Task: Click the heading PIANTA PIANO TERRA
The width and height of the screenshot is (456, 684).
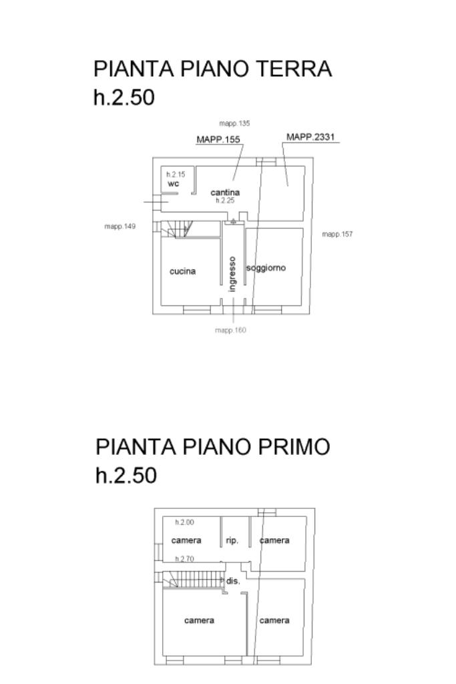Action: pyautogui.click(x=212, y=69)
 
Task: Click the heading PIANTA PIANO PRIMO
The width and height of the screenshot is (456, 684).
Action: pyautogui.click(x=212, y=447)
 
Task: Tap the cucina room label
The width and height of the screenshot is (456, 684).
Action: pyautogui.click(x=182, y=271)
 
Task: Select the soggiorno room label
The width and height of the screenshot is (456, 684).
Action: pyautogui.click(x=266, y=268)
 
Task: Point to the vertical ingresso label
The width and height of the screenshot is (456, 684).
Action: pyautogui.click(x=232, y=274)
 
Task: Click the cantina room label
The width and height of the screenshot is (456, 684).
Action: pyautogui.click(x=225, y=192)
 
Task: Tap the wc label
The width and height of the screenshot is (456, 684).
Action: pyautogui.click(x=174, y=184)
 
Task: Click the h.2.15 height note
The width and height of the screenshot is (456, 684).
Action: pyautogui.click(x=176, y=174)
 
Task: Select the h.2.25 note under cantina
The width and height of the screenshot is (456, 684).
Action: pyautogui.click(x=225, y=200)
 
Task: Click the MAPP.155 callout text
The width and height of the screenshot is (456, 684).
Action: pyautogui.click(x=218, y=140)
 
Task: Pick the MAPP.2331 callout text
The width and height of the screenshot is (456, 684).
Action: pyautogui.click(x=310, y=137)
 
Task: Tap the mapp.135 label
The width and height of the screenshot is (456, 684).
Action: pyautogui.click(x=234, y=124)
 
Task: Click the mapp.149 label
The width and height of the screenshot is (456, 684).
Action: pyautogui.click(x=120, y=226)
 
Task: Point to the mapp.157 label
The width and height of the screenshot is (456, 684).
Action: pyautogui.click(x=337, y=234)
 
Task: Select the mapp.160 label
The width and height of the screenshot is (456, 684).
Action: pyautogui.click(x=230, y=330)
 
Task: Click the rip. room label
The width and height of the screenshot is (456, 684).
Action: pyautogui.click(x=232, y=540)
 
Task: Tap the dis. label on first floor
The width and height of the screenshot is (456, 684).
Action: pyautogui.click(x=232, y=581)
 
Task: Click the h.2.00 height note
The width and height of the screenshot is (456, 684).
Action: pyautogui.click(x=184, y=522)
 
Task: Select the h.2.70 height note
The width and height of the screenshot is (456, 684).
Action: pyautogui.click(x=184, y=559)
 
